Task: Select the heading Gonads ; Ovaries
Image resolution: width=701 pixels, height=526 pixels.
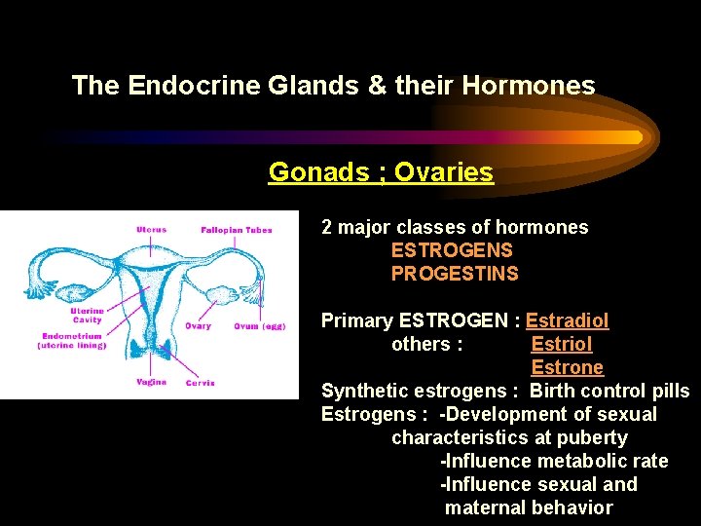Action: tap(381, 172)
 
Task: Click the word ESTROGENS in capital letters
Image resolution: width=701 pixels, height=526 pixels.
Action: tap(452, 250)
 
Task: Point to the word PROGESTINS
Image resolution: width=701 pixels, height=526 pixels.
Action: tap(455, 274)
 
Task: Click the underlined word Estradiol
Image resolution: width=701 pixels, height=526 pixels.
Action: tap(567, 320)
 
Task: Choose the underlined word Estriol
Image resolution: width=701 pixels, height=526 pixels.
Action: tap(561, 344)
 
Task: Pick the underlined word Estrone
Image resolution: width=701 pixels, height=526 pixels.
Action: tap(567, 367)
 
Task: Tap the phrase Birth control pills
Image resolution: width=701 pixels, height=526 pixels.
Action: tap(609, 391)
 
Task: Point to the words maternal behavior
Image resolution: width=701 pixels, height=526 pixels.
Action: tap(529, 507)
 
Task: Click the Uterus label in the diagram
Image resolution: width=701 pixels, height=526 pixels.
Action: tap(151, 230)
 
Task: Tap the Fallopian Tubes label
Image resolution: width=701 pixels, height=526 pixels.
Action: tap(236, 230)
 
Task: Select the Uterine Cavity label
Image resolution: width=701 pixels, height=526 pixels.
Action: tap(87, 316)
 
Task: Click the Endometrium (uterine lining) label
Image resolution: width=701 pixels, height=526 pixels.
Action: tap(72, 341)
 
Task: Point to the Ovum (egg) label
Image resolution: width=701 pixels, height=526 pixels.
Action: tap(259, 326)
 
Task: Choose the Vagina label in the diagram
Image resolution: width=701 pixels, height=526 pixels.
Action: tap(151, 382)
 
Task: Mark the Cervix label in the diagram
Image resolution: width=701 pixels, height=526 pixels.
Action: tap(200, 383)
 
